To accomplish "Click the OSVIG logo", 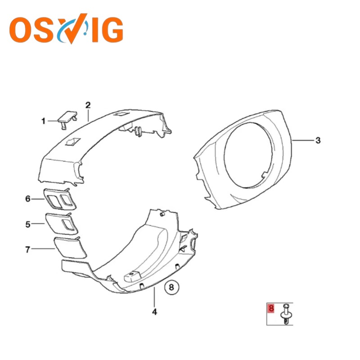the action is pyautogui.click(x=66, y=29).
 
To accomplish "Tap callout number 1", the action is pyautogui.click(x=43, y=121).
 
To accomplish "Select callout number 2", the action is pyautogui.click(x=88, y=105).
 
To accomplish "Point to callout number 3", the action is pyautogui.click(x=318, y=140).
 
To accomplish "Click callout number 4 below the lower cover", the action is pyautogui.click(x=154, y=312).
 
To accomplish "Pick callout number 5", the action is pyautogui.click(x=28, y=224).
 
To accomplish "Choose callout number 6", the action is pyautogui.click(x=28, y=198).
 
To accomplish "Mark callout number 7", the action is pyautogui.click(x=28, y=249).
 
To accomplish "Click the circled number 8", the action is pyautogui.click(x=171, y=287).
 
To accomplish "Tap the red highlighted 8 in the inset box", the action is pyautogui.click(x=271, y=308).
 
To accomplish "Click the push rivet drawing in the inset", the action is pyautogui.click(x=286, y=314).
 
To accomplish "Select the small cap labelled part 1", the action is pyautogui.click(x=67, y=119).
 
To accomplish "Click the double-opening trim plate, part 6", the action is pyautogui.click(x=60, y=199).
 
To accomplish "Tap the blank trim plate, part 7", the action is pyautogui.click(x=70, y=248).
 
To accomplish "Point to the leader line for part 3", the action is pyautogui.click(x=303, y=140).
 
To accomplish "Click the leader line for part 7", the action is pyautogui.click(x=43, y=249).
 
